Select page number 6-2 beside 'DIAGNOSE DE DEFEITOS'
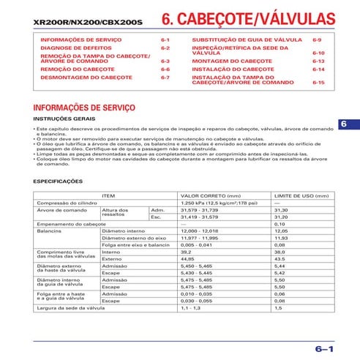165,47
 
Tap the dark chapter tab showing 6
343,124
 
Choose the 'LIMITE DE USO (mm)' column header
301,195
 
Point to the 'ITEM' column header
108,195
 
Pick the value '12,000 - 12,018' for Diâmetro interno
199,230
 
